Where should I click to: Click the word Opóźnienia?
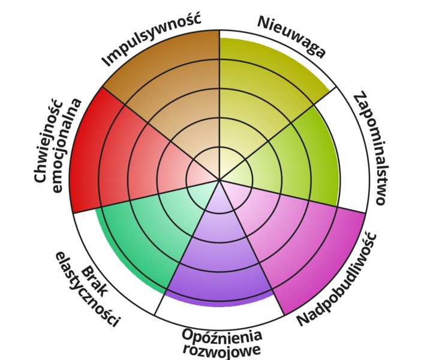(x=222, y=335)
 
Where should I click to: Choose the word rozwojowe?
(x=222, y=349)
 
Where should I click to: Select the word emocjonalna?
(x=64, y=144)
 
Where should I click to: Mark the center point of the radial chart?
(x=220, y=179)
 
